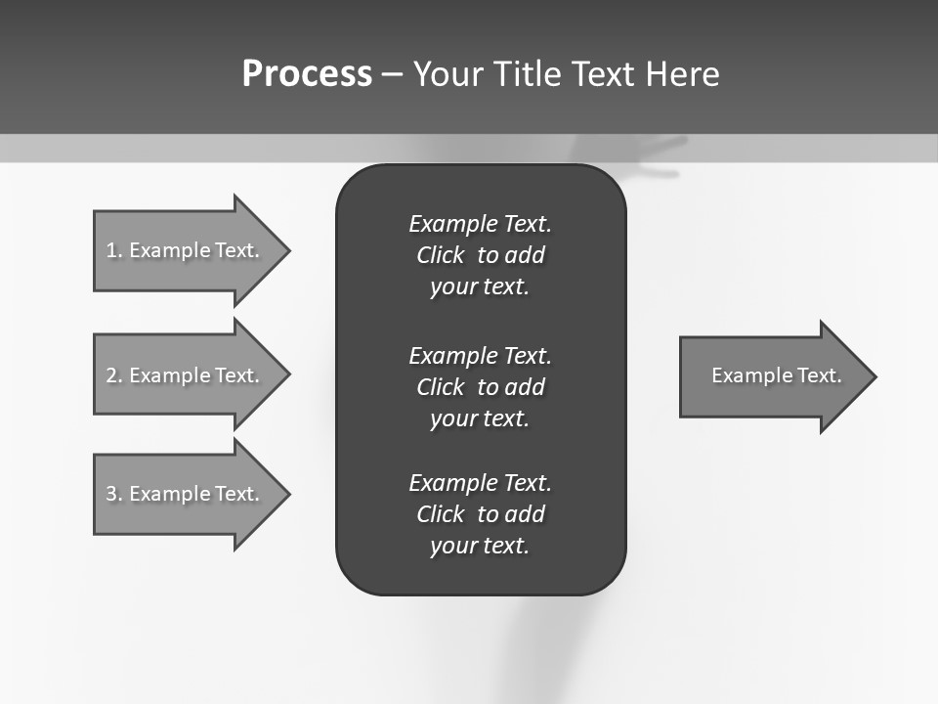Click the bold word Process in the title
pyautogui.click(x=307, y=74)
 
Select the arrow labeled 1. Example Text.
pyautogui.click(x=186, y=250)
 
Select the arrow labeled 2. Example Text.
pyautogui.click(x=186, y=375)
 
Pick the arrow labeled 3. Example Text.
pyautogui.click(x=186, y=494)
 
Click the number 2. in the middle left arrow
pyautogui.click(x=114, y=375)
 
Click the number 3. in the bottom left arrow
pyautogui.click(x=114, y=494)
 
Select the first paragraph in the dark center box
pyautogui.click(x=480, y=255)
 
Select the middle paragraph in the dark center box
pyautogui.click(x=480, y=386)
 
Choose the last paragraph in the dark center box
pyautogui.click(x=480, y=514)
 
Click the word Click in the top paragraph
pyautogui.click(x=441, y=256)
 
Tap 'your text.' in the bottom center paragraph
pyautogui.click(x=480, y=547)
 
